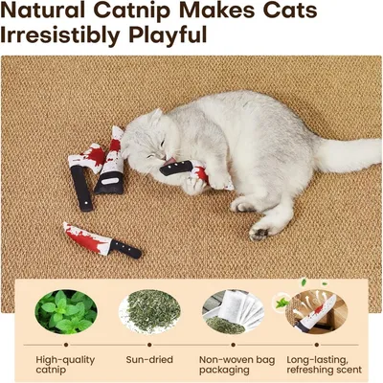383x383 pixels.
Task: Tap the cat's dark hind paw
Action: pyautogui.click(x=259, y=232)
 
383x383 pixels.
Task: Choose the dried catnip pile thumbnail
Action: pyautogui.click(x=149, y=311)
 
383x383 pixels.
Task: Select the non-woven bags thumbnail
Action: pyautogui.click(x=232, y=311)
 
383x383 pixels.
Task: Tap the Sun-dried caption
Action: pyautogui.click(x=149, y=359)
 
